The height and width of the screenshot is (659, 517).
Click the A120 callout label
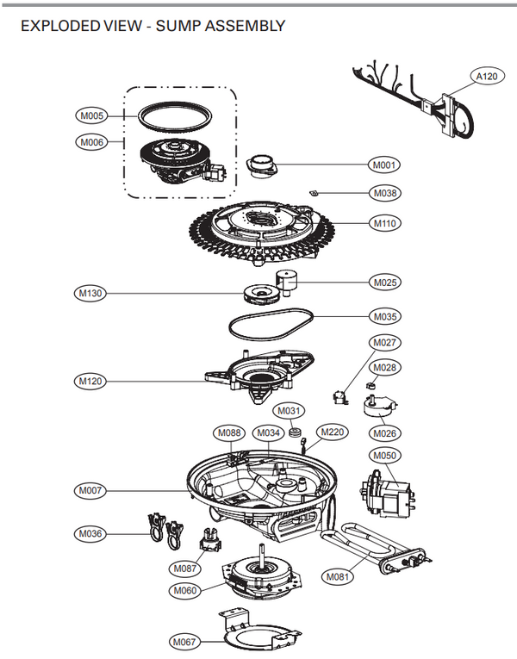coord(489,76)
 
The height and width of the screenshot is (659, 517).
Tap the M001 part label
coord(385,165)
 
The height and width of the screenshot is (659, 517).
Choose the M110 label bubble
coord(385,223)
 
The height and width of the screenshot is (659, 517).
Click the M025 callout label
coord(385,282)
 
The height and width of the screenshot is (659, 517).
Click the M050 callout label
coord(384,455)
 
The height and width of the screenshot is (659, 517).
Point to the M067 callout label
coord(184,642)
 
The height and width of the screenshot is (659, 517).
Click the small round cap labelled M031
coord(294,432)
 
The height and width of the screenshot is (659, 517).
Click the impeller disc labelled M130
coord(260,295)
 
